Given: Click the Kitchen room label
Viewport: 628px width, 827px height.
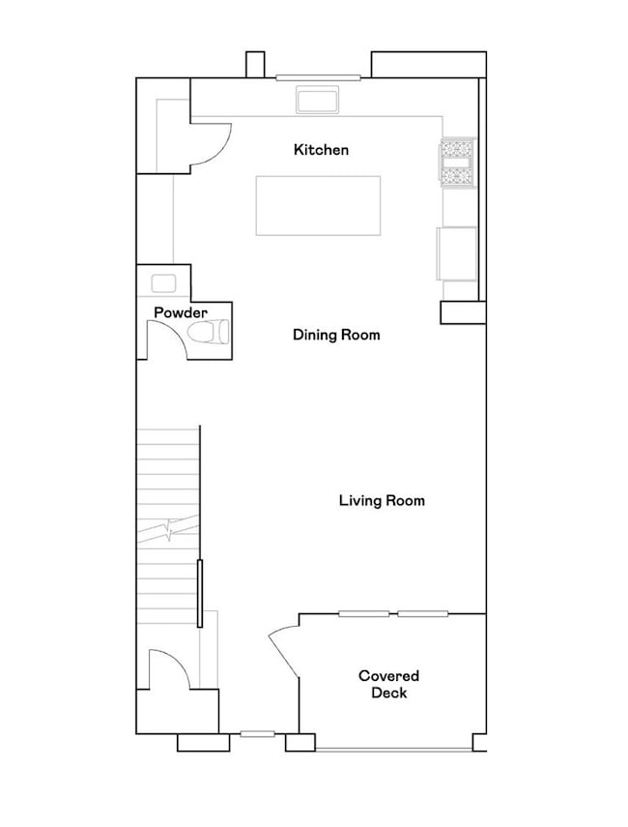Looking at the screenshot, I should pos(321,150).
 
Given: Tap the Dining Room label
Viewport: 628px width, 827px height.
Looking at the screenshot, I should pos(336,336).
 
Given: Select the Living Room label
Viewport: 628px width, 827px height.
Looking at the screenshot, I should pos(382,501).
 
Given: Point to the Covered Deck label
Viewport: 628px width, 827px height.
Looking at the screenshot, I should pos(388,684).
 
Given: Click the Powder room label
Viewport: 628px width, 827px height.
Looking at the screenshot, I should pos(181,313).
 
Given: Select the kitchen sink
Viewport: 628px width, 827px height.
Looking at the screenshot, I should pos(317,100).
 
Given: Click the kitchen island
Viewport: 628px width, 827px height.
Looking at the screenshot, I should pos(318,205).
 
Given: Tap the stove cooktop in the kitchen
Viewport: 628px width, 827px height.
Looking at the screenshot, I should pos(457,162).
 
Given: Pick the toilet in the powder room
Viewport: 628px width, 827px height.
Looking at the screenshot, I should pos(208,333).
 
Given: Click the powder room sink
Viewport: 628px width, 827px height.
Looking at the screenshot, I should pos(163,283).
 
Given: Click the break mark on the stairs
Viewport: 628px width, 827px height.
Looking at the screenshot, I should pos(170,529).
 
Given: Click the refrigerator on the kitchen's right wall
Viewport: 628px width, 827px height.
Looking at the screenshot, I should pos(458,253).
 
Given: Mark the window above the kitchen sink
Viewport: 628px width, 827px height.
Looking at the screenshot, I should pos(318,77).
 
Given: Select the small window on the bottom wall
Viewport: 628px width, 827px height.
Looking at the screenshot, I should pos(258,734).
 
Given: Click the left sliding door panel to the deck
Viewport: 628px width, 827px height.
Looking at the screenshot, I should pos(364,613).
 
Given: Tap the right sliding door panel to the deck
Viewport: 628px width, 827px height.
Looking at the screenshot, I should pos(423,613).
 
